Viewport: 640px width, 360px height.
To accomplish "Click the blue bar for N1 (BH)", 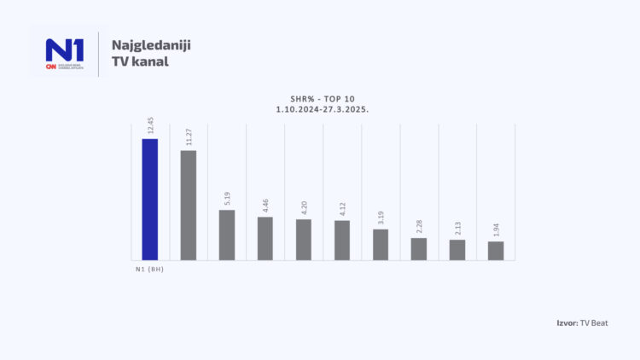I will pos(149,200).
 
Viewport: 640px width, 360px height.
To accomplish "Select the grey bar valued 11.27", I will pos(188,206).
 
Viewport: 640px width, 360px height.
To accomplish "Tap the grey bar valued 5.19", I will pos(226,235).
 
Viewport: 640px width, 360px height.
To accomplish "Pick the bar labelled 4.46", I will pos(265,239).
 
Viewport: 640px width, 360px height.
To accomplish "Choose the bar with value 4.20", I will pos(304,240).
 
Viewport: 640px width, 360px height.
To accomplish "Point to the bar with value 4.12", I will pos(342,241).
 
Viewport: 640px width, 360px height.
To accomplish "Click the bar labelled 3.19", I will pos(381,245).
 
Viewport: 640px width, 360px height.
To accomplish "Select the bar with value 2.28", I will pos(419,249).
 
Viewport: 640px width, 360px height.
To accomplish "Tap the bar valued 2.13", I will pos(457,250).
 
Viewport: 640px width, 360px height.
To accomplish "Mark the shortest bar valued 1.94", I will pos(496,251).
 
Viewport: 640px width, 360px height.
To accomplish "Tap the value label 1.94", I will pos(497,230).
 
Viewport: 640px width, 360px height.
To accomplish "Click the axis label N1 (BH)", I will pos(148,270).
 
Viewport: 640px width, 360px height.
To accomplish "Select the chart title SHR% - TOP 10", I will pos(320,98).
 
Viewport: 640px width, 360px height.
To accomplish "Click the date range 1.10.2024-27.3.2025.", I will pos(320,111).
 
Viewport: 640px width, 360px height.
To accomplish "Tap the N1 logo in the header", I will pos(65,53).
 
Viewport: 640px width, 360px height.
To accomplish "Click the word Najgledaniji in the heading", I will pos(151,44).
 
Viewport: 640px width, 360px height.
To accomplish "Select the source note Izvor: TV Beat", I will pos(581,322).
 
